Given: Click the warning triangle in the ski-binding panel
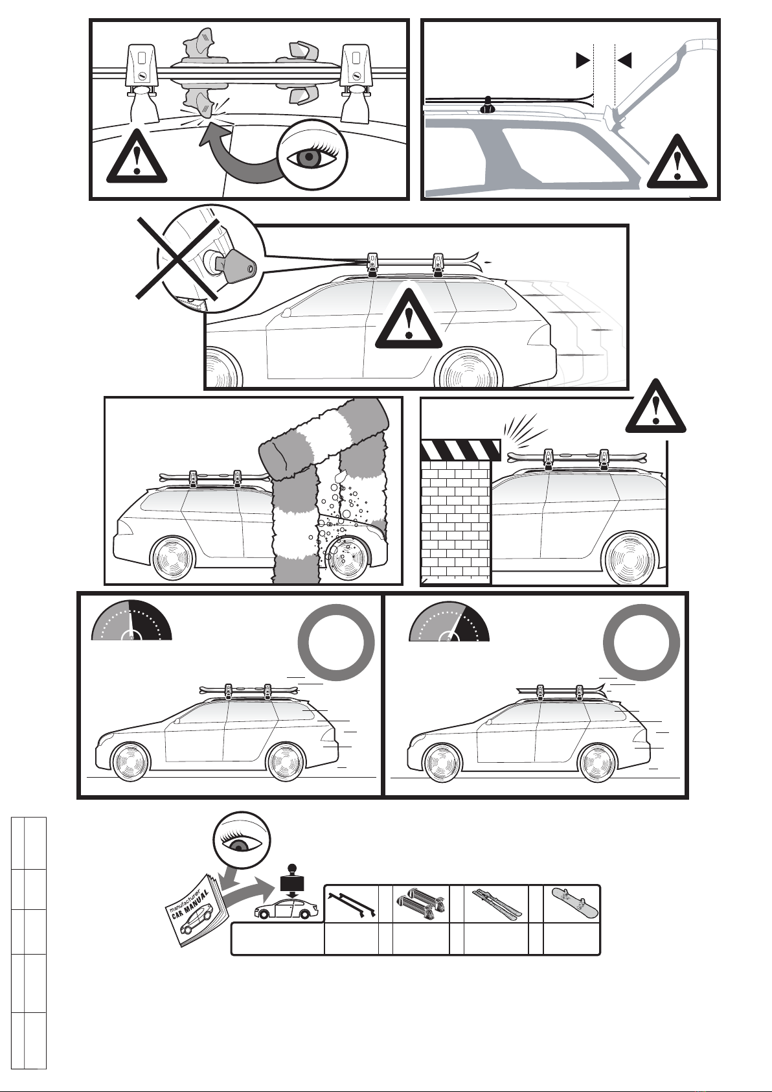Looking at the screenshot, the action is click(x=137, y=156).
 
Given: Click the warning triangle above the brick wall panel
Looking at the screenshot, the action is click(x=655, y=407).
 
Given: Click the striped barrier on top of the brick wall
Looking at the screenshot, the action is click(x=460, y=450).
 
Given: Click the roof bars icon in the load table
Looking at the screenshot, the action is click(x=352, y=905).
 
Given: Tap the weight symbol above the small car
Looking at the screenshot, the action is click(x=292, y=879).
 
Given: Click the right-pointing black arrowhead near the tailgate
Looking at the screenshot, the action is click(x=583, y=61).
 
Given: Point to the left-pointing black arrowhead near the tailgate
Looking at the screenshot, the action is click(x=624, y=61).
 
